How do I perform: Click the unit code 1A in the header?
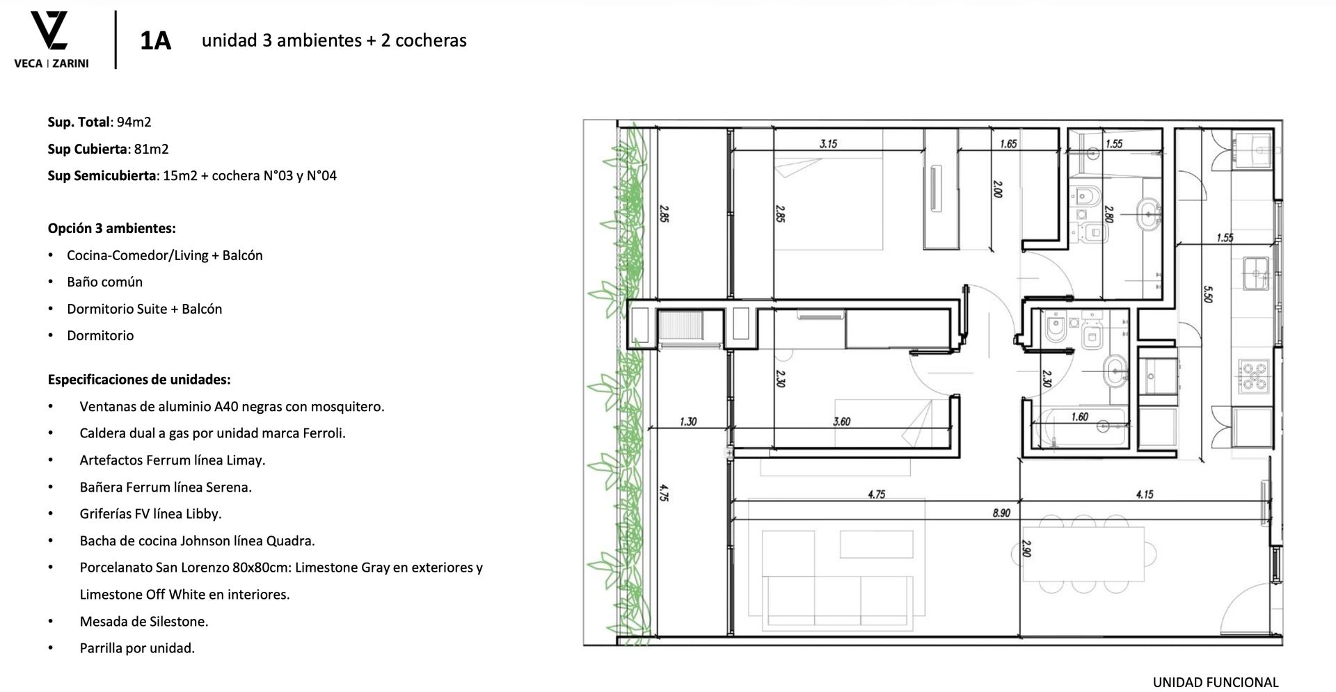tap(155, 41)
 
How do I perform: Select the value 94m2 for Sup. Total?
tap(134, 122)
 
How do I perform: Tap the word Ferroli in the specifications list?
tap(324, 433)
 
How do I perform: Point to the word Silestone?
tap(176, 622)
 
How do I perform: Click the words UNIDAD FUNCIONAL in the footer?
tap(1216, 682)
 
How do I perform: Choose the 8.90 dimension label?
tap(1001, 513)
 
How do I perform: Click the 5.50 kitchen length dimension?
tap(1207, 294)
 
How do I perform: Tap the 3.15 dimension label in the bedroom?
tap(828, 144)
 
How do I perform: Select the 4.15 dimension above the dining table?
tap(1145, 494)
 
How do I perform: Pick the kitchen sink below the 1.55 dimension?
tap(1257, 273)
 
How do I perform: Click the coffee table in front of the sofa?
tap(876, 545)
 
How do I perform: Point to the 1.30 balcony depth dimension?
tap(688, 421)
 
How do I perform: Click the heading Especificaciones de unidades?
tap(139, 380)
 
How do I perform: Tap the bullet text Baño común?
tap(104, 282)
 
